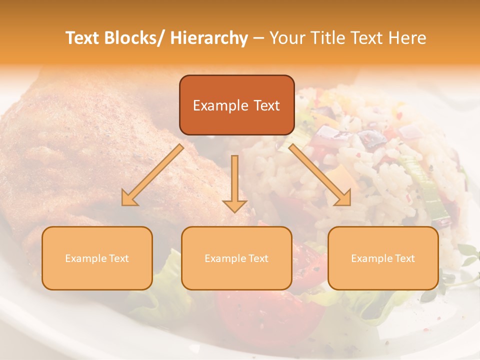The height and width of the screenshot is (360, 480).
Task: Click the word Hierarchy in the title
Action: (x=209, y=38)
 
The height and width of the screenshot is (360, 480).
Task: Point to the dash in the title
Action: (x=258, y=38)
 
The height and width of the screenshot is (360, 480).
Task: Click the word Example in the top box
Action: (x=213, y=105)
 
